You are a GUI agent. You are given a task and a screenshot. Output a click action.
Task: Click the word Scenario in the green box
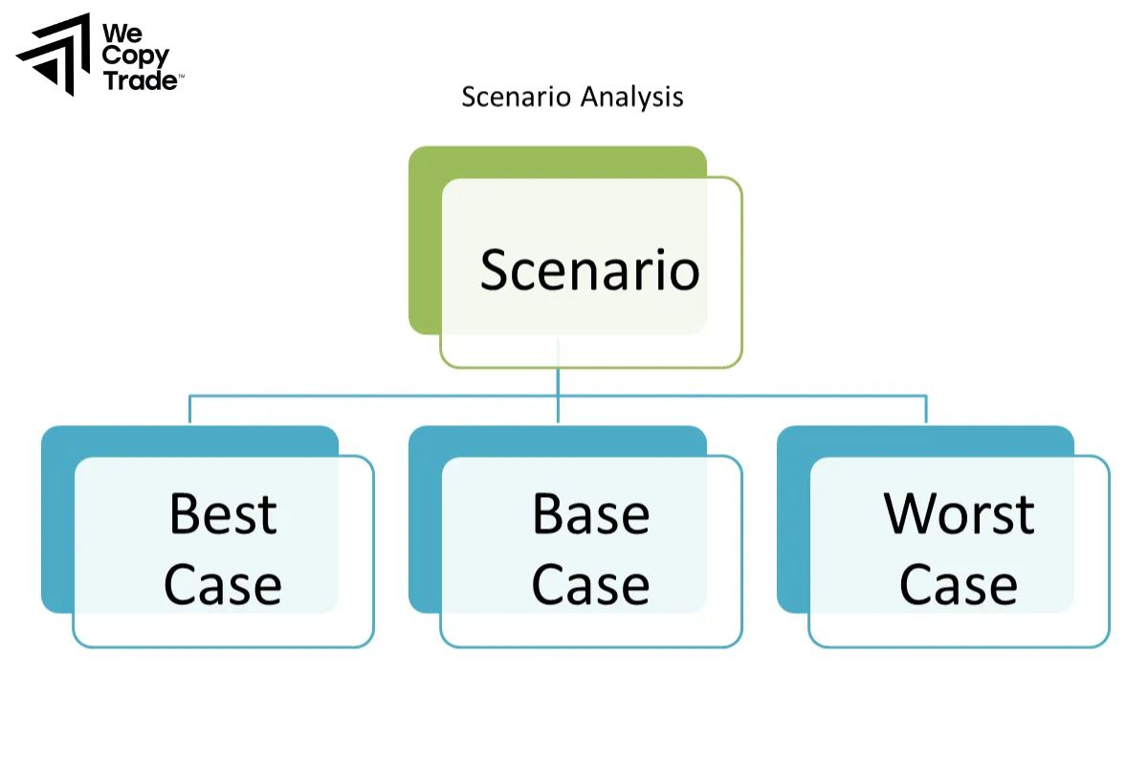click(x=589, y=270)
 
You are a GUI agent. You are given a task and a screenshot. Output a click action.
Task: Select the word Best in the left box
click(x=223, y=514)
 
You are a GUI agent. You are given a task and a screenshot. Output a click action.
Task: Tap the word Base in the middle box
click(x=590, y=514)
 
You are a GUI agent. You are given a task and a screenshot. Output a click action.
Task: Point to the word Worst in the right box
click(x=959, y=514)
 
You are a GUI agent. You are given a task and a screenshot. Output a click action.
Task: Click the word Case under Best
click(x=223, y=584)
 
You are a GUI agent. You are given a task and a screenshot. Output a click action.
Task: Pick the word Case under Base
click(x=590, y=584)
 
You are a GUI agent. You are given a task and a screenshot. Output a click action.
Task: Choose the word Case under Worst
click(x=959, y=584)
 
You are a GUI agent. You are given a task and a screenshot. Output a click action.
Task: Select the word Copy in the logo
click(x=135, y=56)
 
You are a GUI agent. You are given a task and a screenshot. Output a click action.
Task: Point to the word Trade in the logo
click(x=140, y=80)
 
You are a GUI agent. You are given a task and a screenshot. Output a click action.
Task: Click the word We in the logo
click(x=120, y=33)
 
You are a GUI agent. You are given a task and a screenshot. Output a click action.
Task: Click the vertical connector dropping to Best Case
click(x=189, y=410)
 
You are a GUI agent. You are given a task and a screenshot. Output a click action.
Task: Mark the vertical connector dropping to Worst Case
click(x=926, y=410)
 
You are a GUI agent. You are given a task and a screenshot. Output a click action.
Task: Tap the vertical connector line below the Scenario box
click(x=558, y=381)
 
